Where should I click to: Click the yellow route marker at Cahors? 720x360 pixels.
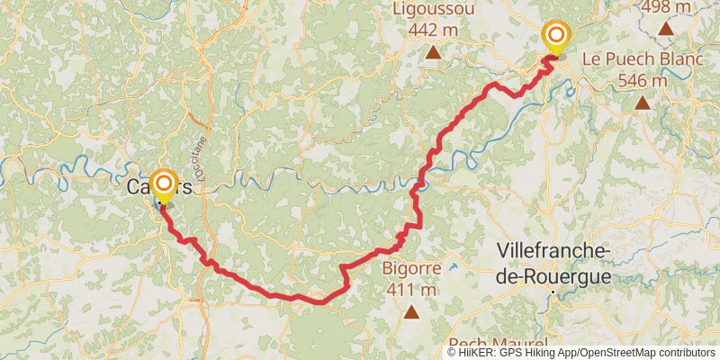(x=164, y=186)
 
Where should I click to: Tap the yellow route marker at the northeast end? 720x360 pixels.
(x=557, y=37)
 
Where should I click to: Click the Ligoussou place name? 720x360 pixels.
(x=434, y=9)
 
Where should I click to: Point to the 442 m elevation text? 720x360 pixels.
(x=434, y=29)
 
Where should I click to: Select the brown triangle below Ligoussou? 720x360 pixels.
(x=434, y=52)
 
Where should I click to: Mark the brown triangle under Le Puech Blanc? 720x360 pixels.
(x=643, y=103)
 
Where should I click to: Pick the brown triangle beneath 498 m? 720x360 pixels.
(x=666, y=28)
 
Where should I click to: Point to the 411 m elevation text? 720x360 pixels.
(x=411, y=290)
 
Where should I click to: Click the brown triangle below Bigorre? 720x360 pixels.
(x=411, y=312)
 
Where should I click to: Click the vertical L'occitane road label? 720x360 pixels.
(x=202, y=158)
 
